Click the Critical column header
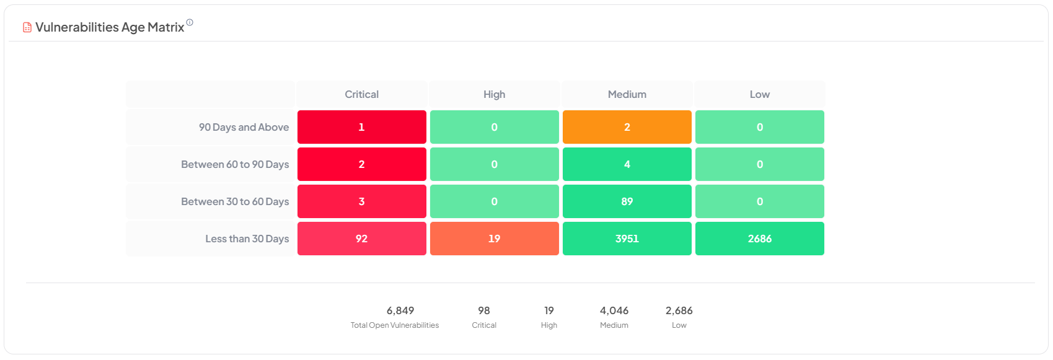[361, 94]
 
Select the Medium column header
[627, 94]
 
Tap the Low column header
[760, 94]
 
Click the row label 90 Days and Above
[244, 128]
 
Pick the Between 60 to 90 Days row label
[235, 164]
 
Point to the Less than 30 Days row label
[247, 239]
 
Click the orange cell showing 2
[627, 127]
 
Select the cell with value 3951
[627, 239]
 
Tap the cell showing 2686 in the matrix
[760, 239]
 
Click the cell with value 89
[627, 201]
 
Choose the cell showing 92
[361, 239]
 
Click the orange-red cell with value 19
[495, 239]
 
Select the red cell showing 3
[361, 201]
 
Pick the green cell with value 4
[627, 164]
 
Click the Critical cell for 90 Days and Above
[361, 127]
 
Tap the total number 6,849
[400, 310]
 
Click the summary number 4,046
[614, 310]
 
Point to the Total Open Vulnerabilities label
[394, 325]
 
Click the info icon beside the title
[190, 22]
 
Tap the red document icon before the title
[27, 28]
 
